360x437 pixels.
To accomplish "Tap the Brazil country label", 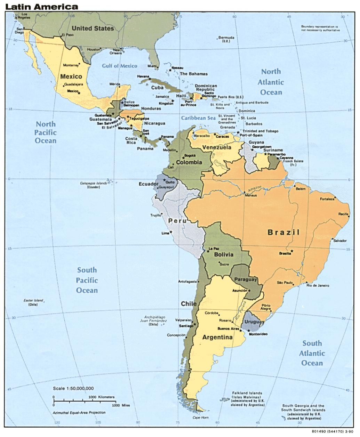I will (283, 232).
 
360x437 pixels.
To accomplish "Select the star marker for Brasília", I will (292, 251).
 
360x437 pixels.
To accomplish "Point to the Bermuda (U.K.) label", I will (226, 39).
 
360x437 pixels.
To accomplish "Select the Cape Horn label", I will (201, 417).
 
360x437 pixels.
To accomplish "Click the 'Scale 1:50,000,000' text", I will (73, 388).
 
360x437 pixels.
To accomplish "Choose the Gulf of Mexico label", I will (119, 66).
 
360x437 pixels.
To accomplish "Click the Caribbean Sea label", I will (198, 118).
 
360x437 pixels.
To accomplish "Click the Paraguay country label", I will (245, 279).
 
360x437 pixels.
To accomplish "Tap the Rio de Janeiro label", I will (318, 285).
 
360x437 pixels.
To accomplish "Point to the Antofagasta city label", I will (188, 281).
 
